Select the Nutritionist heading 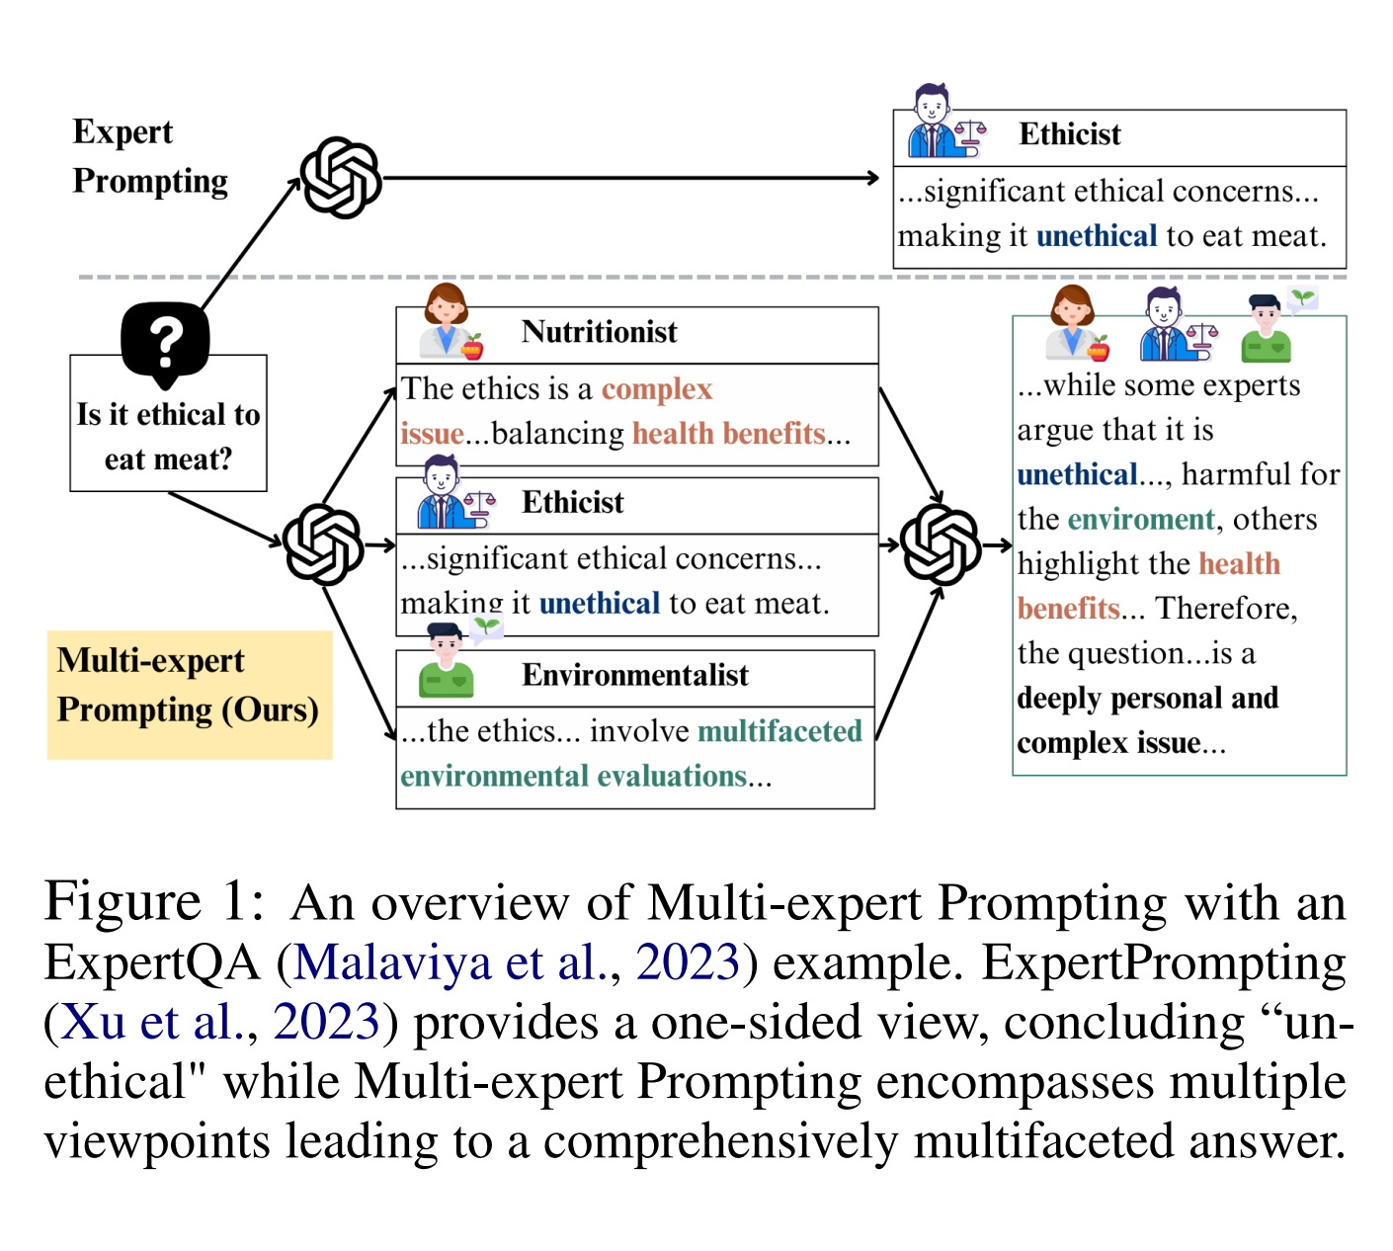599,332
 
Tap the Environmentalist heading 635,675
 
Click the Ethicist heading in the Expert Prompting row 1070,134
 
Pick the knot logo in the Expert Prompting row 341,178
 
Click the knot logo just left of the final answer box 941,544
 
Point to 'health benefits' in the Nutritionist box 728,434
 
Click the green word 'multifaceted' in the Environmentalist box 779,731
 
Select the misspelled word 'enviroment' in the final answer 1141,520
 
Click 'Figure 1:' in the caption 154,902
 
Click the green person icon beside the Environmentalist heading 447,662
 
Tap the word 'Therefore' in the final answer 1225,609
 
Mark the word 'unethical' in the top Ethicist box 1097,236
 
